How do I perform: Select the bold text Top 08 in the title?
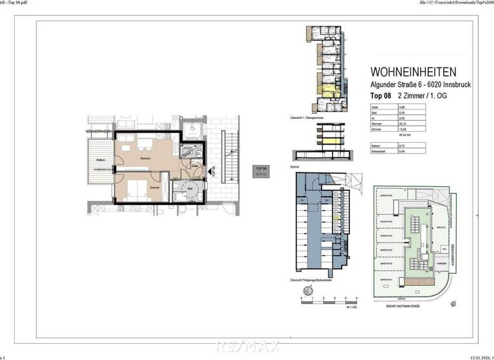(381, 95)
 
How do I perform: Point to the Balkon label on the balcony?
(100, 159)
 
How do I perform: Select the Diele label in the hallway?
(194, 165)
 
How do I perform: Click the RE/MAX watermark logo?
(247, 347)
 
